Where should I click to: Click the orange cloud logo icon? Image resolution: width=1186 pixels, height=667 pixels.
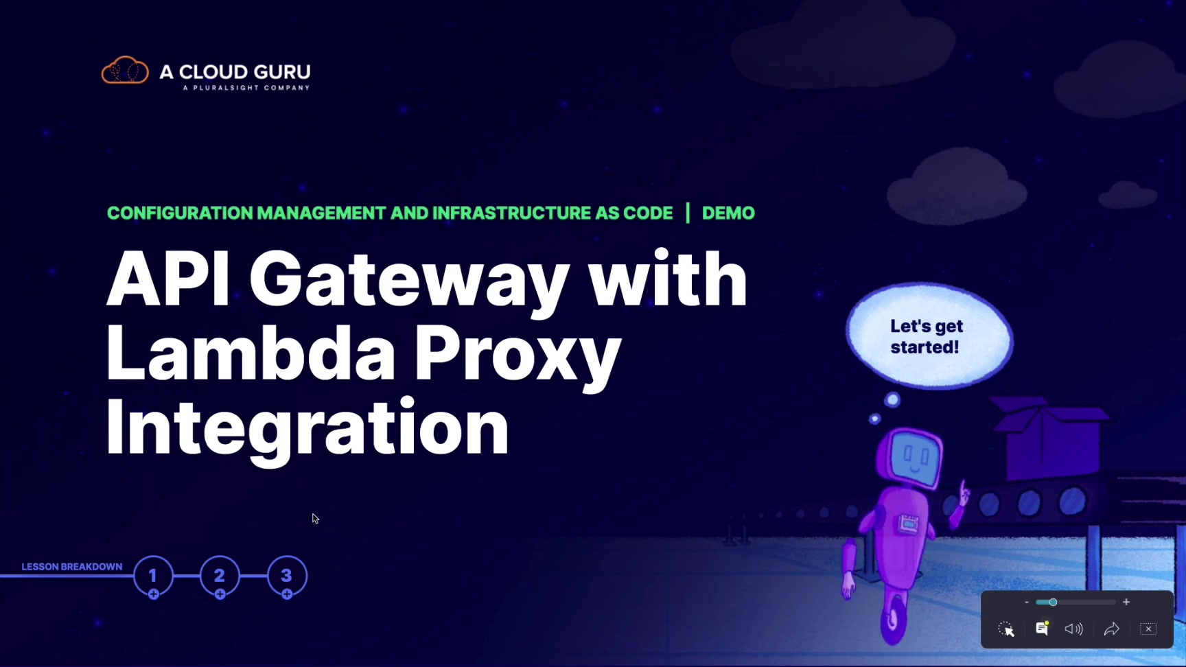[x=125, y=71]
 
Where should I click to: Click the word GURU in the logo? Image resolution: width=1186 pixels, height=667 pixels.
[x=281, y=72]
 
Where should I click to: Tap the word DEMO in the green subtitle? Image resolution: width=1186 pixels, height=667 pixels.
[x=728, y=213]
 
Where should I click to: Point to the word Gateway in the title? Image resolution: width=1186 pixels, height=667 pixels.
[x=409, y=280]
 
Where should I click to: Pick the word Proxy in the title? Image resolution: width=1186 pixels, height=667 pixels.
[x=518, y=354]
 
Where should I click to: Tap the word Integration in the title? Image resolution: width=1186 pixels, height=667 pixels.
[x=307, y=428]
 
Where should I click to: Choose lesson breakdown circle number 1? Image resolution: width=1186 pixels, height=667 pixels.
[x=153, y=576]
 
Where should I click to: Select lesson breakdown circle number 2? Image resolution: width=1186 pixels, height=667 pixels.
[x=220, y=576]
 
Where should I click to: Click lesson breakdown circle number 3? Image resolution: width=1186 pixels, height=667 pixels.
[x=287, y=576]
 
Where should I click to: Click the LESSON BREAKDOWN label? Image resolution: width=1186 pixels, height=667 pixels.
[x=72, y=567]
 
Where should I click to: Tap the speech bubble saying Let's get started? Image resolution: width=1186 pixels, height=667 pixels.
[x=928, y=336]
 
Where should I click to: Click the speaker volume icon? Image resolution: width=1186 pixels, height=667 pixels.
[x=1073, y=629]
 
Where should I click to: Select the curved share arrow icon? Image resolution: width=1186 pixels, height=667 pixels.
[x=1111, y=629]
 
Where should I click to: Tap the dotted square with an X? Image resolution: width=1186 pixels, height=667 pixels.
[x=1148, y=629]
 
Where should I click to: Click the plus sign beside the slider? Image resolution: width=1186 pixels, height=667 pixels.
[x=1126, y=602]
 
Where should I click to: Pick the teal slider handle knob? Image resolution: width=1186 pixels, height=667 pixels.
[x=1053, y=602]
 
